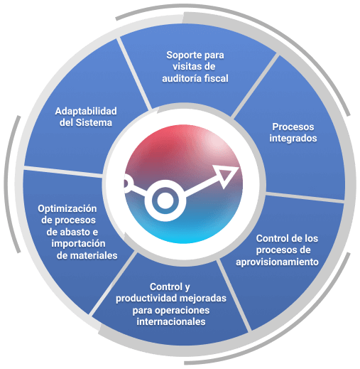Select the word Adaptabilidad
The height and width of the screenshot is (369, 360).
coord(86,112)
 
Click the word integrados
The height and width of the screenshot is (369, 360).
coord(293,139)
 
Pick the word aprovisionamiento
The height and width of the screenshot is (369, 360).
coord(277,262)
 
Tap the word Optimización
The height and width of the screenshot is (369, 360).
coord(67,209)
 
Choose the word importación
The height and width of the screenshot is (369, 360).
coord(78,244)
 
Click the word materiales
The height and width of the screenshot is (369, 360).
coord(94,255)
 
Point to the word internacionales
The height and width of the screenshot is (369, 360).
coord(171,321)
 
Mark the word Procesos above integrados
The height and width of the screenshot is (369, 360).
coord(293,127)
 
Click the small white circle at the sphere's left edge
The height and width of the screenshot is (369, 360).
coord(126,184)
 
